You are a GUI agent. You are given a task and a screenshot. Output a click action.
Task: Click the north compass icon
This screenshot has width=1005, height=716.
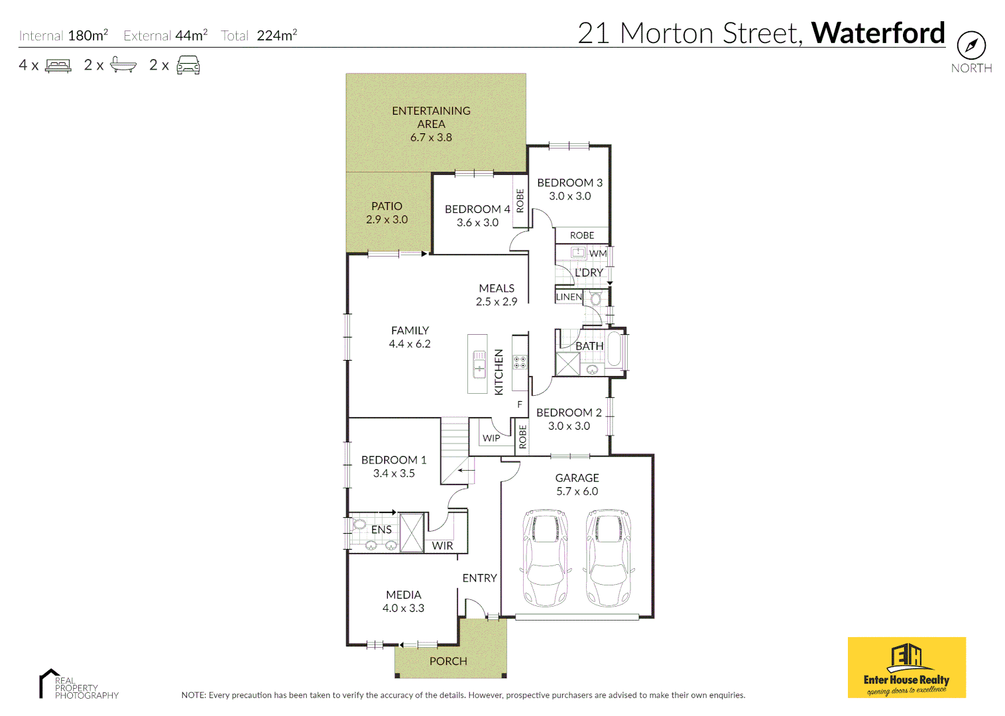(971, 46)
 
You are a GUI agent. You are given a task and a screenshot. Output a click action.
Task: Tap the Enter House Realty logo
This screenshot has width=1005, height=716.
(906, 668)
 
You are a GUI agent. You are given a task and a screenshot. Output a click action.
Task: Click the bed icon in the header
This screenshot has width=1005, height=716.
(58, 66)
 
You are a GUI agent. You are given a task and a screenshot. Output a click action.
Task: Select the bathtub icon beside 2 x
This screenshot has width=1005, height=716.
(123, 65)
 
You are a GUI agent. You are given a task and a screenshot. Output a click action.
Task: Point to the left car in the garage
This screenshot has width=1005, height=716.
(546, 558)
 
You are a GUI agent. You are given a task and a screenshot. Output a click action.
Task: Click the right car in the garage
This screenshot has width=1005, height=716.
(609, 558)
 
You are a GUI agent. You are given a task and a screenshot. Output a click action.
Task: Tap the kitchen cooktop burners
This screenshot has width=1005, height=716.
(520, 362)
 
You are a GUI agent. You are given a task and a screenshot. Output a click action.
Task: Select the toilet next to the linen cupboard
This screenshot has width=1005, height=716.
(596, 299)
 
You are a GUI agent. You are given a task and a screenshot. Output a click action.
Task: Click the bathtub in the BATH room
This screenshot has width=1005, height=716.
(614, 349)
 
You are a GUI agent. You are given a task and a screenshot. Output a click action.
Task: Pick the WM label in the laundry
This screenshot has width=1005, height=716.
(597, 253)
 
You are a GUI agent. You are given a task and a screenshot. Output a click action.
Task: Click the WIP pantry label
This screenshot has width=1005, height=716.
(491, 438)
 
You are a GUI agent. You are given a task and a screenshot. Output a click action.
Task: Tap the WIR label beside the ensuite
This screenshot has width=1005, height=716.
(442, 546)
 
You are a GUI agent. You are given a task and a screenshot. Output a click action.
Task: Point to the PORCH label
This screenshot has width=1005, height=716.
(448, 661)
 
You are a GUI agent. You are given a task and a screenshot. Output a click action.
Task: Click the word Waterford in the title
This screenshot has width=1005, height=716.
(878, 33)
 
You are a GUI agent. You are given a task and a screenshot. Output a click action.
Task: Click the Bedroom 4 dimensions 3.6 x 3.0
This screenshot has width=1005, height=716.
(477, 223)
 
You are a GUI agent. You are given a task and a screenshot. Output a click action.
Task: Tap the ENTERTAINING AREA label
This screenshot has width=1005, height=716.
(431, 117)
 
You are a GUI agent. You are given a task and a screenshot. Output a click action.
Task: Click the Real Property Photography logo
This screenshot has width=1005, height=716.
(78, 685)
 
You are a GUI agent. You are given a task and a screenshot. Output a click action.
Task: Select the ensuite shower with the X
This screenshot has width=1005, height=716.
(412, 532)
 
